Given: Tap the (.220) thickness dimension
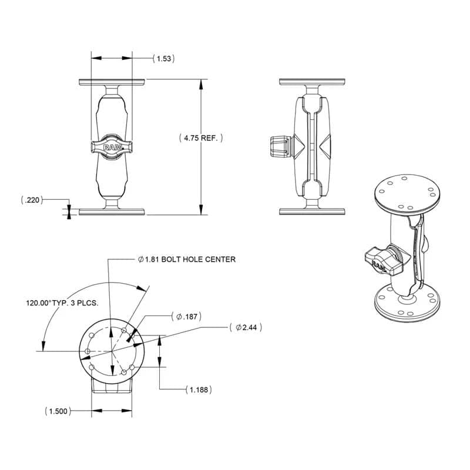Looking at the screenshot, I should (x=31, y=200).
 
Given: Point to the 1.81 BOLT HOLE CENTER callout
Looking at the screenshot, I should (x=186, y=259).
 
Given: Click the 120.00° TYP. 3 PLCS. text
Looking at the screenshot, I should (x=62, y=303).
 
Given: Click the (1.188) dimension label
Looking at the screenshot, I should (x=198, y=390).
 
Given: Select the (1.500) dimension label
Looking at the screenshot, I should (x=58, y=411).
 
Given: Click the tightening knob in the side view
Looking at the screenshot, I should (x=278, y=146).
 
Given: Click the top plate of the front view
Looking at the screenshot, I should (x=112, y=82).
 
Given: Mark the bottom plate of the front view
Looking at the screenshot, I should (x=112, y=211).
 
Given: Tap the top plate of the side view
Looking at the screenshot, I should (x=311, y=82).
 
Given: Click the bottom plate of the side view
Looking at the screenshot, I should (x=311, y=211).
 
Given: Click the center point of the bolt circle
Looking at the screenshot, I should (x=112, y=351).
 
